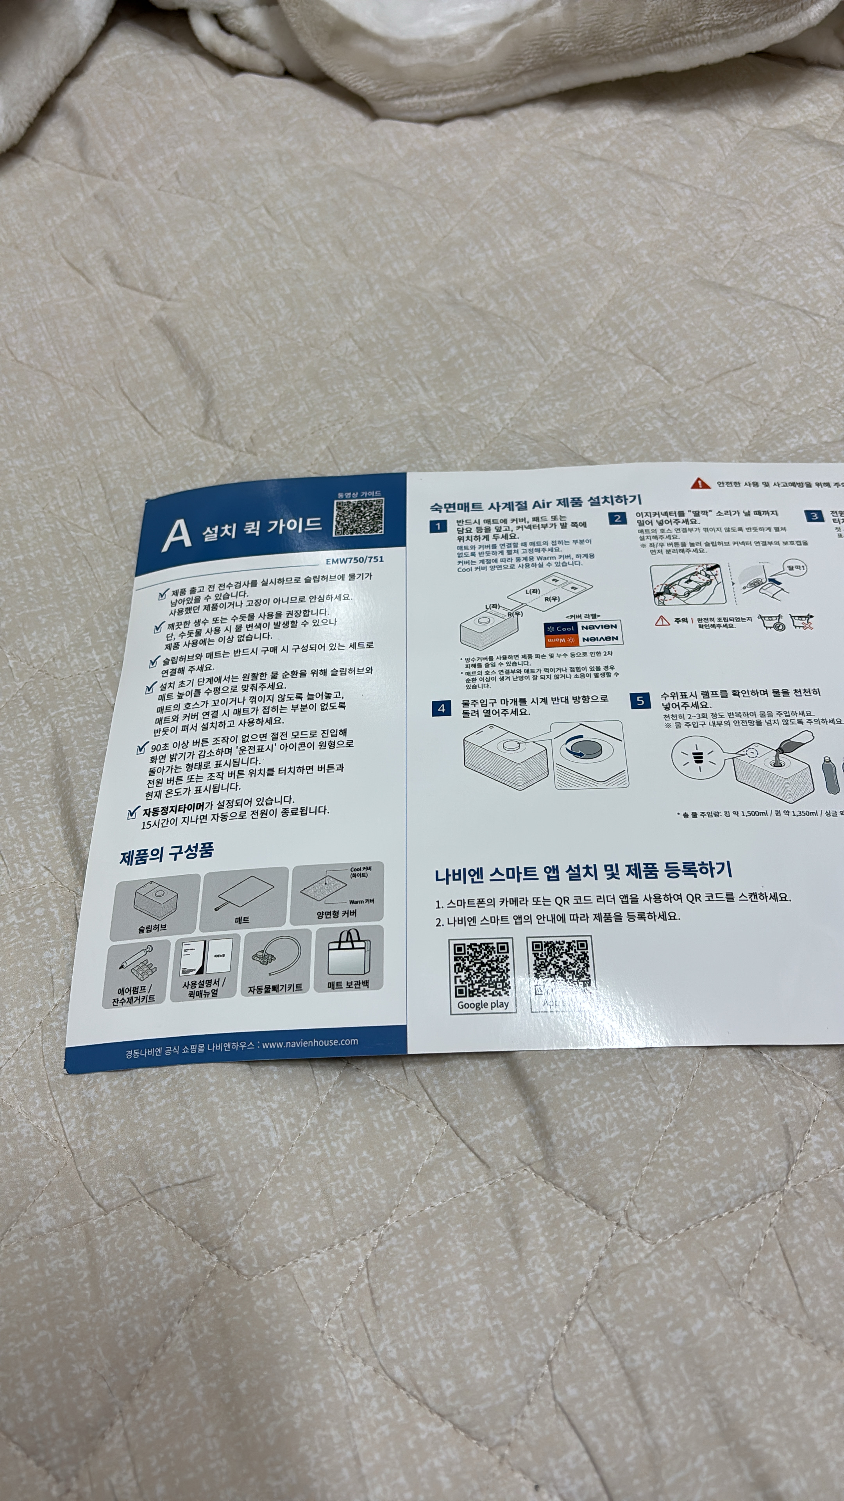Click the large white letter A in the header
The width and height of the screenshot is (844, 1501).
[177, 534]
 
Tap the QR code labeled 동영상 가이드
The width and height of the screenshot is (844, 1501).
[359, 517]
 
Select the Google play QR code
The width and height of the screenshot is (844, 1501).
[482, 970]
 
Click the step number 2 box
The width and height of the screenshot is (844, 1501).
[617, 518]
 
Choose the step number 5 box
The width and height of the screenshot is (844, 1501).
[640, 701]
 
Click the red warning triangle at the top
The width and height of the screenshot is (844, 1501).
[700, 484]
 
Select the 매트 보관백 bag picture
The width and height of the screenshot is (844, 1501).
[348, 954]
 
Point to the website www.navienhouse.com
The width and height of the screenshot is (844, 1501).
[310, 1042]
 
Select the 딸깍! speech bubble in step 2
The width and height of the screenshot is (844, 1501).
[796, 567]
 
